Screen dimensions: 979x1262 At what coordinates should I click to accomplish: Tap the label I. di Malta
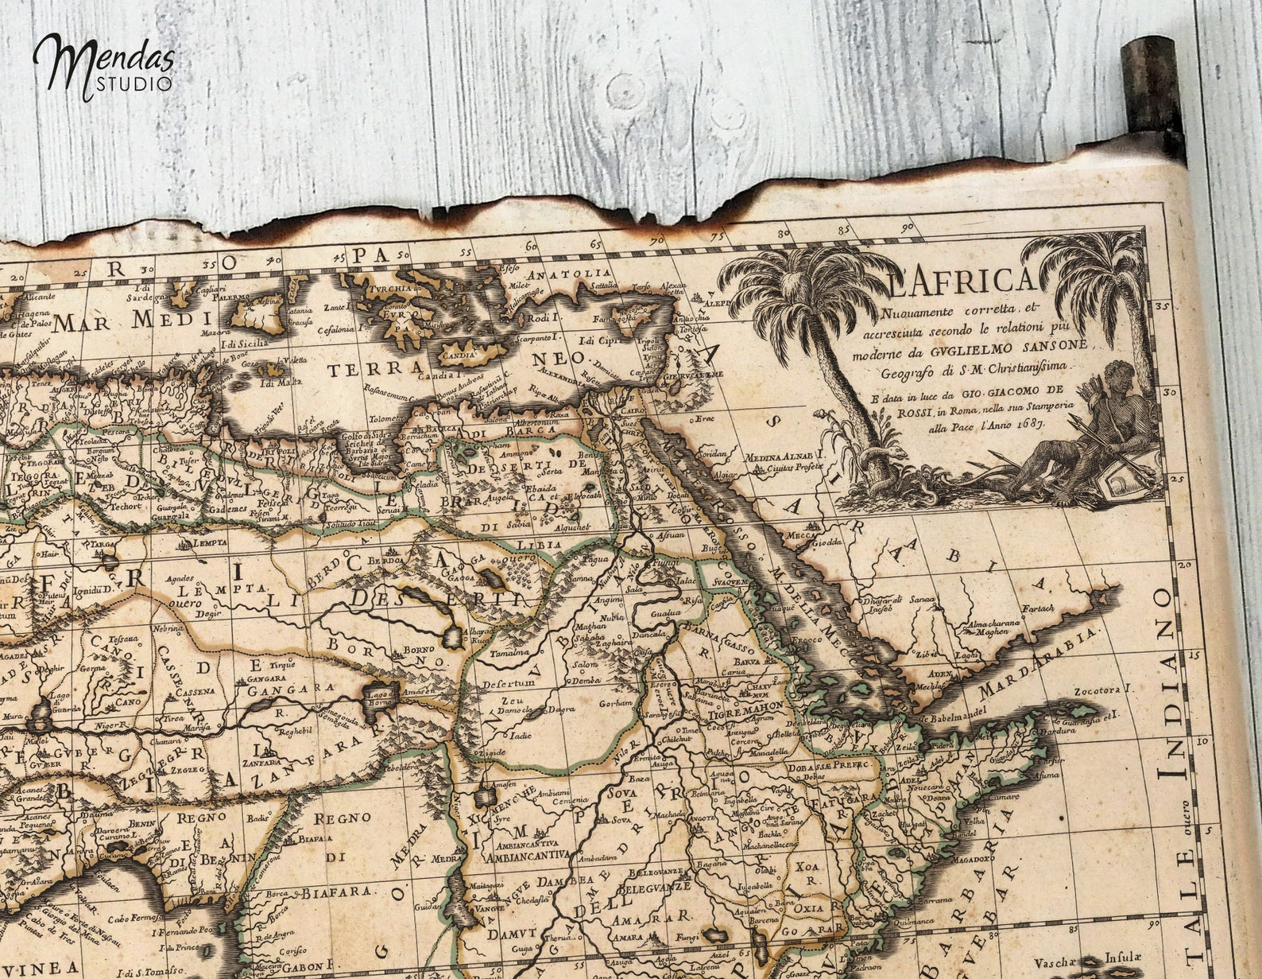tap(282, 383)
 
